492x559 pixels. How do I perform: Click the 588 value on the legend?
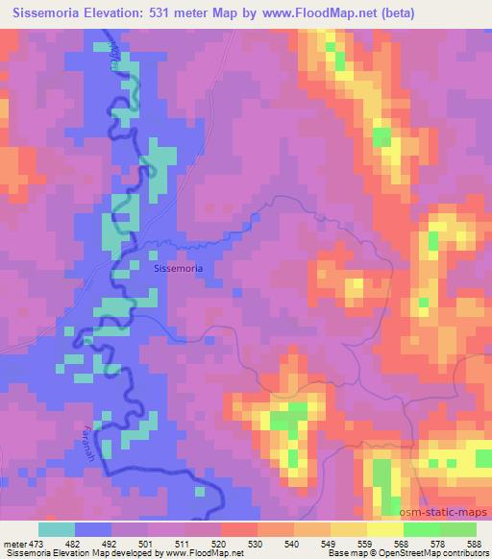tap(475, 543)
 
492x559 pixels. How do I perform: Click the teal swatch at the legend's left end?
tap(58, 529)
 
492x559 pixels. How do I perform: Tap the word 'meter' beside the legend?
tap(13, 543)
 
